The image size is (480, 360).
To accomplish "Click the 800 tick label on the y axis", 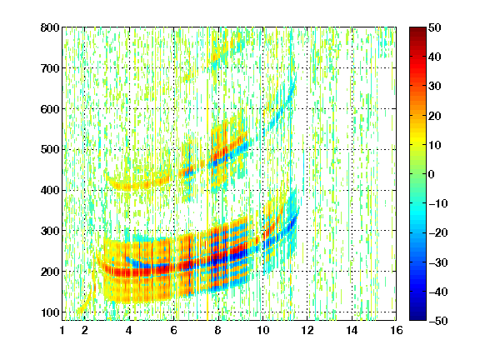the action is pyautogui.click(x=50, y=27).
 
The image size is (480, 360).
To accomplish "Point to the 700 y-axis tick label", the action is pyautogui.click(x=50, y=68).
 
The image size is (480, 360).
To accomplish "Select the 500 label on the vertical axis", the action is pyautogui.click(x=50, y=150).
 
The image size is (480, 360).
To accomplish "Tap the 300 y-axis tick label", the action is pyautogui.click(x=50, y=231).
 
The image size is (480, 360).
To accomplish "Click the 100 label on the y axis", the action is pyautogui.click(x=50, y=312).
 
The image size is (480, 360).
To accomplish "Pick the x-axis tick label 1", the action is pyautogui.click(x=62, y=330).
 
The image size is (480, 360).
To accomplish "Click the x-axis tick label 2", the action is pyautogui.click(x=84, y=330).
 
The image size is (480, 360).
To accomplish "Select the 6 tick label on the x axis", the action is pyautogui.click(x=173, y=330).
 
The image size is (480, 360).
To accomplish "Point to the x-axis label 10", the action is pyautogui.click(x=262, y=330).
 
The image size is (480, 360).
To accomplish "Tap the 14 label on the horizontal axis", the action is pyautogui.click(x=352, y=330).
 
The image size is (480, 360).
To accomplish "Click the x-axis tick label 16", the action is pyautogui.click(x=396, y=330).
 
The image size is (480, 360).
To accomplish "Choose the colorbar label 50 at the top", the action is pyautogui.click(x=434, y=27).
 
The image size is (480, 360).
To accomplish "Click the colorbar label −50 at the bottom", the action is pyautogui.click(x=438, y=321).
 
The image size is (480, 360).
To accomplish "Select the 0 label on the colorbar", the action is pyautogui.click(x=432, y=174).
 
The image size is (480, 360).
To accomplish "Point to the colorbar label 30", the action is pyautogui.click(x=434, y=87).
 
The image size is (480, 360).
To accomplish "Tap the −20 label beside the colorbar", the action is pyautogui.click(x=438, y=232).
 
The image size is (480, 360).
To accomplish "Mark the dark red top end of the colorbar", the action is pyautogui.click(x=417, y=29).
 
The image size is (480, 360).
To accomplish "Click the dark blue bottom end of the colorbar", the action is pyautogui.click(x=417, y=318).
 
